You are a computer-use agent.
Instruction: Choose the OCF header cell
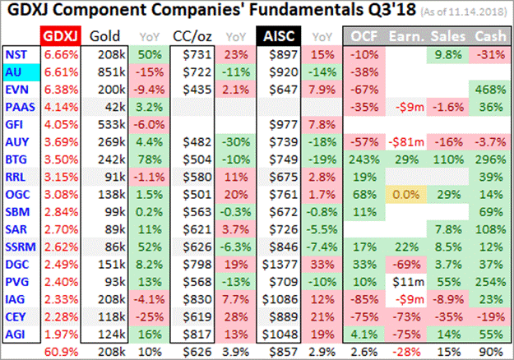click(365, 36)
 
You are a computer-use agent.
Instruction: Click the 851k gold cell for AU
click(105, 72)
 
